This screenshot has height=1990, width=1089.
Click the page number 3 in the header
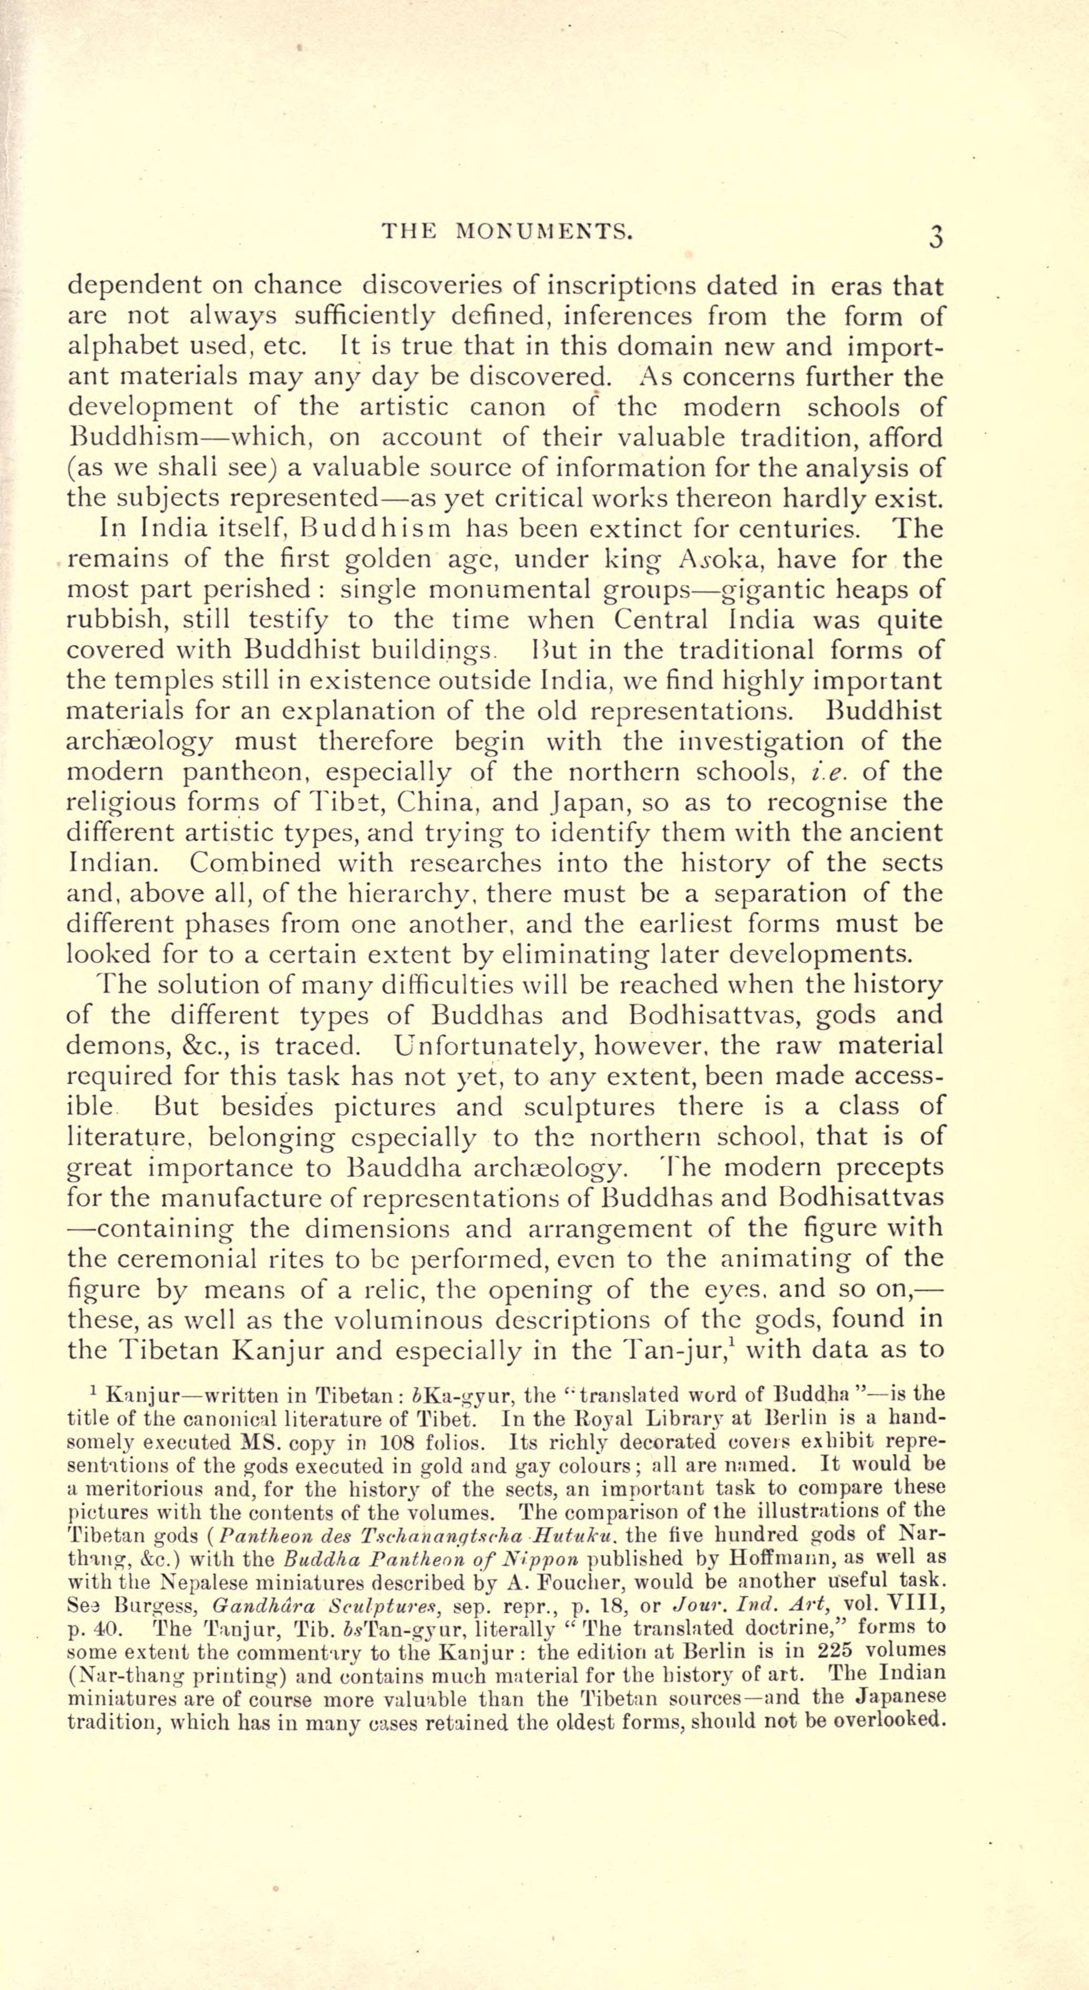coord(936,235)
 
